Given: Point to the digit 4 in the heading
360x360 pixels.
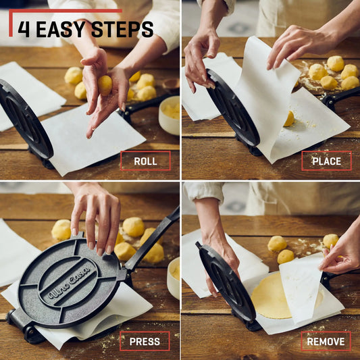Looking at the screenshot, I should coord(24,29).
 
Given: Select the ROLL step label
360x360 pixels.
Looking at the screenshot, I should coord(145,161).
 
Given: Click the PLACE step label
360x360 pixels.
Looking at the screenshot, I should coord(326,161).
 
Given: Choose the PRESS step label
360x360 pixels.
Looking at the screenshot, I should coord(145,341).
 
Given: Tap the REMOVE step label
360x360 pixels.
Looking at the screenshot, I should coord(326,341).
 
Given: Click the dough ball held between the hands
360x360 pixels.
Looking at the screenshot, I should coord(105,84).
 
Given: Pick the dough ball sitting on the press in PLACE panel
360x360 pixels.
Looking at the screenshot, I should coord(289,119).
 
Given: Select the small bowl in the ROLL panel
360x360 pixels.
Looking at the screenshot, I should coord(169,115).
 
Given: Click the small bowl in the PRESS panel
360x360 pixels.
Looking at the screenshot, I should coord(174,278).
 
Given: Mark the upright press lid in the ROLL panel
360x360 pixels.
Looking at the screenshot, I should coord(26,122).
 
